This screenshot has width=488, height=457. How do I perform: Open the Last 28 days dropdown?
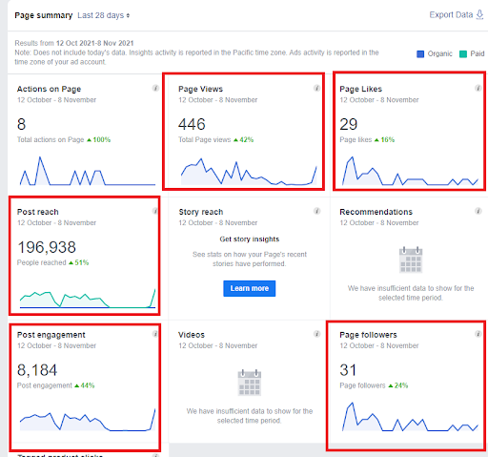(x=104, y=16)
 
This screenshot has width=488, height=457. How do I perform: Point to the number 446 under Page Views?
(x=193, y=124)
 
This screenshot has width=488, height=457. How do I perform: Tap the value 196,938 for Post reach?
(x=47, y=247)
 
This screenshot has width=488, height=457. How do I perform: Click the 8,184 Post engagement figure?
(x=37, y=370)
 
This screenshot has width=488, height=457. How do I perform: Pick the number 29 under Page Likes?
(x=349, y=124)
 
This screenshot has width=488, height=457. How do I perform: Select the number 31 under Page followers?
(x=348, y=370)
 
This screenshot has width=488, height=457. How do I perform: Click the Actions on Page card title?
(x=55, y=90)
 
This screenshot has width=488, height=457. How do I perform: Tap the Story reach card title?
(x=201, y=212)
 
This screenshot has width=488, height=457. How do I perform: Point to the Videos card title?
(x=193, y=335)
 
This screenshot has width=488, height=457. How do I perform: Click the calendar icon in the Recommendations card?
(x=411, y=260)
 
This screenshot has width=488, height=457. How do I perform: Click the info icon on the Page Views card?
(x=317, y=89)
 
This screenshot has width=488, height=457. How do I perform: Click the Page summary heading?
(x=43, y=16)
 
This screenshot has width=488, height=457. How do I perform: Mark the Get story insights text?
(x=248, y=239)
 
